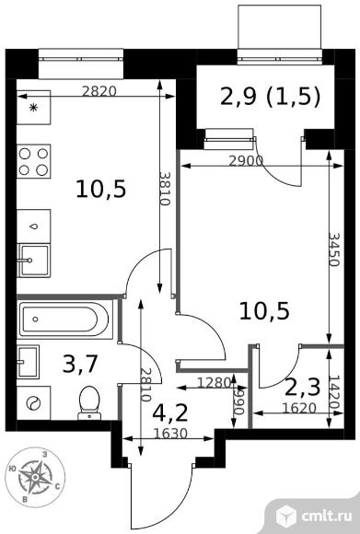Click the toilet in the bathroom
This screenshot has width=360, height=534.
click(89, 403)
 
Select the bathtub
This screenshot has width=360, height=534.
click(64, 319)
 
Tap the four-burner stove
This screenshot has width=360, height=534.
click(33, 161)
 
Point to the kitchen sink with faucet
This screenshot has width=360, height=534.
click(33, 261)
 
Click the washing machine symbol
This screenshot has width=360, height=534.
click(33, 403)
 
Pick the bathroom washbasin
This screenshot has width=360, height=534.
click(28, 362)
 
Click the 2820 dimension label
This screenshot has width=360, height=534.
click(99, 91)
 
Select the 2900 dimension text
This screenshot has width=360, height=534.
click(246, 161)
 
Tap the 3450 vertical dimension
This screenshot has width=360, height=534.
click(334, 250)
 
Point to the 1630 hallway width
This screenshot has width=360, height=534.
click(170, 434)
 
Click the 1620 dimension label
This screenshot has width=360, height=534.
click(300, 408)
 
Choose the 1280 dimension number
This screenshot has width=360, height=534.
click(215, 383)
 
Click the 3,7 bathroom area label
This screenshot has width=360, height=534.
click(81, 364)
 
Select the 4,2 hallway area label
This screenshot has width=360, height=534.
click(170, 413)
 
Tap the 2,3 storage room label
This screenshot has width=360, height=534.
click(302, 388)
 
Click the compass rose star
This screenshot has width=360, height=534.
click(35, 477)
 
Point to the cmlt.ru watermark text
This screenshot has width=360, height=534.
click(327, 516)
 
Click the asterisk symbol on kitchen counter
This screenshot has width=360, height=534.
click(33, 108)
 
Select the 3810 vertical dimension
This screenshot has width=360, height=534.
click(165, 188)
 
